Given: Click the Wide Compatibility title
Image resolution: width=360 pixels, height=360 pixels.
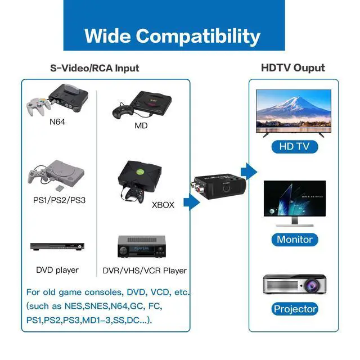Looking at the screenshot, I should [x=172, y=35].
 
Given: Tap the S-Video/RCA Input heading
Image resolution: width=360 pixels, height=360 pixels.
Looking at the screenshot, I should [x=94, y=68].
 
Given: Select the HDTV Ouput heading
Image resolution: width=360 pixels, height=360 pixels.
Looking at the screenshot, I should [x=292, y=67].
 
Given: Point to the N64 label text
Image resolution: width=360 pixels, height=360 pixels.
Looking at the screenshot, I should [x=58, y=121].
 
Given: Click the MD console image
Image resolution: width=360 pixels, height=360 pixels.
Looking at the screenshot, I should [x=141, y=103].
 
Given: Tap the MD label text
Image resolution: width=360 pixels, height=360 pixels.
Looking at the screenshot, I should [x=141, y=125].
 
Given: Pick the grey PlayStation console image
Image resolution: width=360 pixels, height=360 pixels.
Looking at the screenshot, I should [x=56, y=175].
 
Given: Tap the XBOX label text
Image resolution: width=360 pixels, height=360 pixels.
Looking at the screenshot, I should [x=163, y=205].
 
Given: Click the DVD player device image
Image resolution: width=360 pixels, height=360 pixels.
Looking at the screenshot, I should [x=57, y=247].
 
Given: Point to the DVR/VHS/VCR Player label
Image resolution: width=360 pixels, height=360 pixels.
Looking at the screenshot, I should [x=145, y=271].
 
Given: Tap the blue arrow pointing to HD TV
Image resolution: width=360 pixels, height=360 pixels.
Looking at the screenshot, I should [x=248, y=171].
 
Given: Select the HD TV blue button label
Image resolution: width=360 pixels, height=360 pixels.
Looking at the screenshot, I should [x=294, y=147].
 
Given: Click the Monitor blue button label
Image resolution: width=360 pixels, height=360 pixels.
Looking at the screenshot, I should [x=294, y=239].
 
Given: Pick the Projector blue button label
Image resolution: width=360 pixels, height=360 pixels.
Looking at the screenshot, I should [x=294, y=309].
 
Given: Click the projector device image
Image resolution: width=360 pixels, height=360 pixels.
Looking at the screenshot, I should [x=294, y=284].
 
